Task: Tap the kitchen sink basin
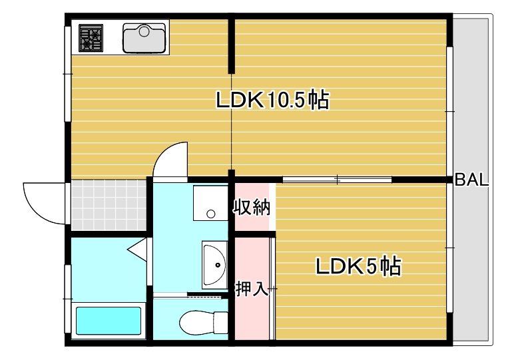click(144, 38)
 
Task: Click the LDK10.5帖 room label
click(272, 100)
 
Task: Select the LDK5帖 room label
click(358, 267)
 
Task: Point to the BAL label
click(472, 180)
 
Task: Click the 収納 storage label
click(252, 208)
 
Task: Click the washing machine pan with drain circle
click(210, 203)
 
